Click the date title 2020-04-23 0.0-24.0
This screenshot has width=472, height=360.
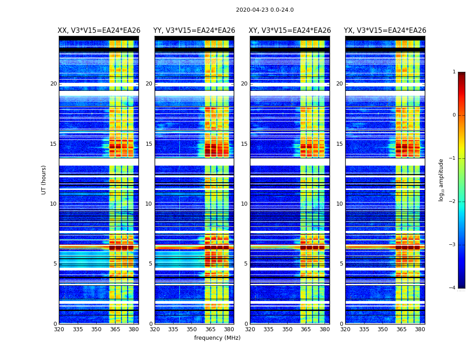265,10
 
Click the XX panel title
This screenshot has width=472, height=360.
99,31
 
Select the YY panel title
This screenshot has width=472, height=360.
194,31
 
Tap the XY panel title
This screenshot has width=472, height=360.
290,31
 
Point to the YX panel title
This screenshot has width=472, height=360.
385,31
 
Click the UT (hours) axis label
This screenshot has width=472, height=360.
44,180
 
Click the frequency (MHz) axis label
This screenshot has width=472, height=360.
217,338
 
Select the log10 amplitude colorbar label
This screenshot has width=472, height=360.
441,180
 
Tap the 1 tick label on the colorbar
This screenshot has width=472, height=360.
454,72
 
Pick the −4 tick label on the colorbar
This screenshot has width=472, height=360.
453,288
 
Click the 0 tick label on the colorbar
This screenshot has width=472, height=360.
454,115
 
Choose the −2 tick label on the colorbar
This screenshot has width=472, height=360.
453,202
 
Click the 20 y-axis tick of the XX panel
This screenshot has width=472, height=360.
53,84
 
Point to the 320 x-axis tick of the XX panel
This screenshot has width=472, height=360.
59,329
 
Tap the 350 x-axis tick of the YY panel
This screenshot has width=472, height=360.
192,329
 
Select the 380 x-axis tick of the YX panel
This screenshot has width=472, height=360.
420,329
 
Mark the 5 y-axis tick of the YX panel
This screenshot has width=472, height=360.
341,264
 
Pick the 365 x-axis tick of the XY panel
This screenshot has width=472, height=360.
306,329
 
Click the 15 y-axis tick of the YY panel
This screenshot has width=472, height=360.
149,144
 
